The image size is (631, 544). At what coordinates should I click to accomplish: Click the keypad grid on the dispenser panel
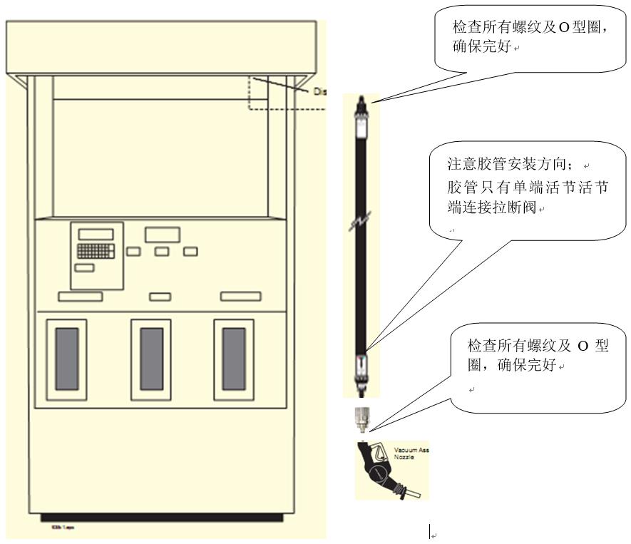click(96, 251)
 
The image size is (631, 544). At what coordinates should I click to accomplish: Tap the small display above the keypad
click(96, 234)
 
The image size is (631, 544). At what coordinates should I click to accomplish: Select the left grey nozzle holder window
click(67, 359)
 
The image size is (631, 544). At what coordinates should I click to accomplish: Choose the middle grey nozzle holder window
click(151, 359)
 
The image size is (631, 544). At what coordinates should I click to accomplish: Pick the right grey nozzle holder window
click(235, 359)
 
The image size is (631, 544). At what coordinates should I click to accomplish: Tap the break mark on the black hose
click(361, 225)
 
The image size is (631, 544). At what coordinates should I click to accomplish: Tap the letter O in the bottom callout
click(582, 346)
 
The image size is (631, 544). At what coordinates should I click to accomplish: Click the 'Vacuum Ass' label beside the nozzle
click(411, 450)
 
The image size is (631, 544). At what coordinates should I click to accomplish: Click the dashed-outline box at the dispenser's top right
click(285, 93)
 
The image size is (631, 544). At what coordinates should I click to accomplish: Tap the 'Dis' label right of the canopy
click(319, 91)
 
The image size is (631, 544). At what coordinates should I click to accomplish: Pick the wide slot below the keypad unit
click(80, 296)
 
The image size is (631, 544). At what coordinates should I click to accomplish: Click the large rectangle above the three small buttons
click(161, 235)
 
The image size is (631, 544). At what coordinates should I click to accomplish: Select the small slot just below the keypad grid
click(84, 268)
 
